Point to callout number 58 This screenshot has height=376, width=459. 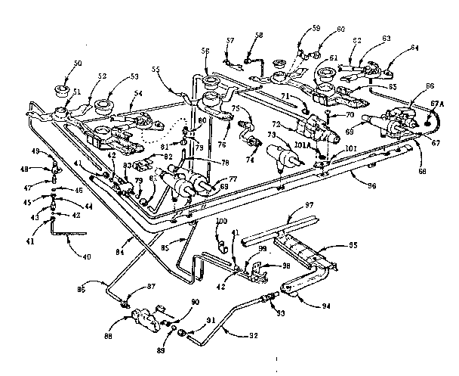click(259, 35)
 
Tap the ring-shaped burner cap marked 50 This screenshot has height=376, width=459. click(60, 92)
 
